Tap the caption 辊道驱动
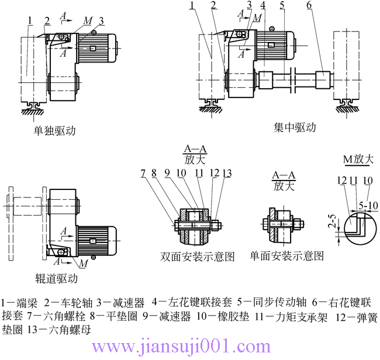[56, 279]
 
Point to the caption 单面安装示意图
[286, 256]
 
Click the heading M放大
[357, 159]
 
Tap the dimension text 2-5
[331, 222]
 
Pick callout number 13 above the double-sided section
[227, 173]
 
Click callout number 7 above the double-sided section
[143, 173]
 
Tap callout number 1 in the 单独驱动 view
[29, 21]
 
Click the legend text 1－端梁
[20, 302]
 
